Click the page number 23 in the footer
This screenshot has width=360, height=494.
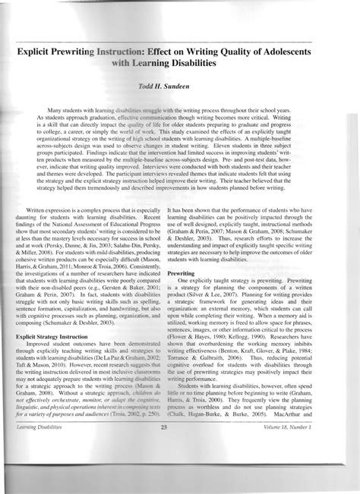click(180, 471)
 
